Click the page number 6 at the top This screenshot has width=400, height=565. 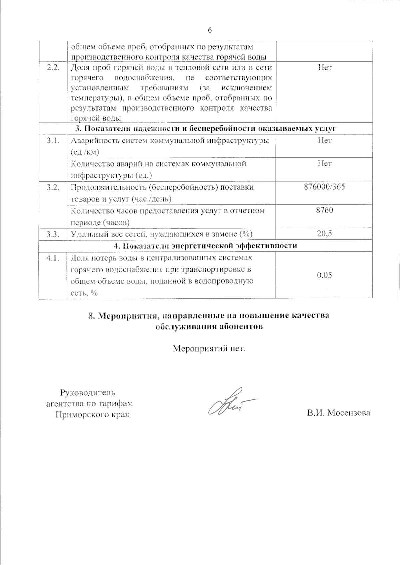[210, 30]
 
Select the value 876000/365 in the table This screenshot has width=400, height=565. [324, 187]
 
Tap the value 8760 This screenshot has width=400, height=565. [324, 210]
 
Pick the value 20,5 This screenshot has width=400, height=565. [324, 234]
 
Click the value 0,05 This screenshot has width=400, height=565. [324, 275]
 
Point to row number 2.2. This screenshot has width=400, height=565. [53, 68]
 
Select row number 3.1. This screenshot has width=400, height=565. [53, 141]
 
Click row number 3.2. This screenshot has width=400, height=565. [53, 187]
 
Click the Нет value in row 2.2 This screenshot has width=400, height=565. [324, 68]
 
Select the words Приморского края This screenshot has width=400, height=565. [92, 415]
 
